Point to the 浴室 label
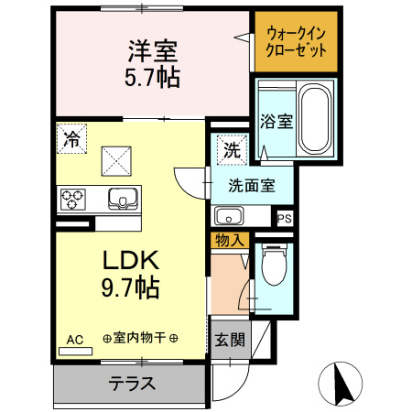point(276,121)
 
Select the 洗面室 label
point(251,185)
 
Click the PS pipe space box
point(286,219)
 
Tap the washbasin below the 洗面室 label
point(228,217)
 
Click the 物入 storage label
point(229,241)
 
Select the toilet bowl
point(271,266)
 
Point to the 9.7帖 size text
point(130,290)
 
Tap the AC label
point(75,340)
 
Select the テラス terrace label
point(133,385)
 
